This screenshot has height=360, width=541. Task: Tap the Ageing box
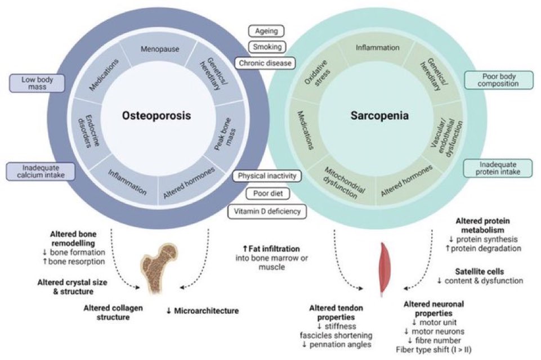(266, 31)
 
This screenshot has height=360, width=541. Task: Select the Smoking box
(266, 47)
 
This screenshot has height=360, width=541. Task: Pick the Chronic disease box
(264, 63)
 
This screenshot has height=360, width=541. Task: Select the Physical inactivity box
(267, 176)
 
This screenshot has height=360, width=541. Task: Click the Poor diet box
(267, 194)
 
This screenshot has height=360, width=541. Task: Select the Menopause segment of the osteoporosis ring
(160, 49)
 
